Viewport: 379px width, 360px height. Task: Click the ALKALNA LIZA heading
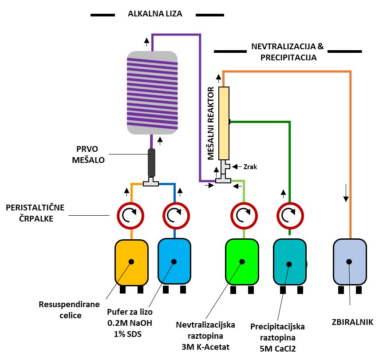click(x=155, y=14)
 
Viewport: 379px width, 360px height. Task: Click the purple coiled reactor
click(x=152, y=92)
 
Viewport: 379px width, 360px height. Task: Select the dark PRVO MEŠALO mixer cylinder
click(x=152, y=162)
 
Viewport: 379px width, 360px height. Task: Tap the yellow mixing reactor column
click(x=224, y=123)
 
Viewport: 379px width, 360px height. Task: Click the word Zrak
click(x=250, y=167)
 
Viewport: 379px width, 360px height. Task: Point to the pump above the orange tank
click(x=131, y=215)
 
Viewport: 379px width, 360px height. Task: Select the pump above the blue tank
click(x=175, y=215)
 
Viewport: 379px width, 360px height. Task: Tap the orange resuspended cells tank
click(x=131, y=262)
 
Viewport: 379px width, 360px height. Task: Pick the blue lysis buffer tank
click(x=174, y=262)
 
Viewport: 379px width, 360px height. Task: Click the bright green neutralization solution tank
click(x=242, y=262)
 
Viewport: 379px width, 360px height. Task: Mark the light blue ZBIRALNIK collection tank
click(x=350, y=262)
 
